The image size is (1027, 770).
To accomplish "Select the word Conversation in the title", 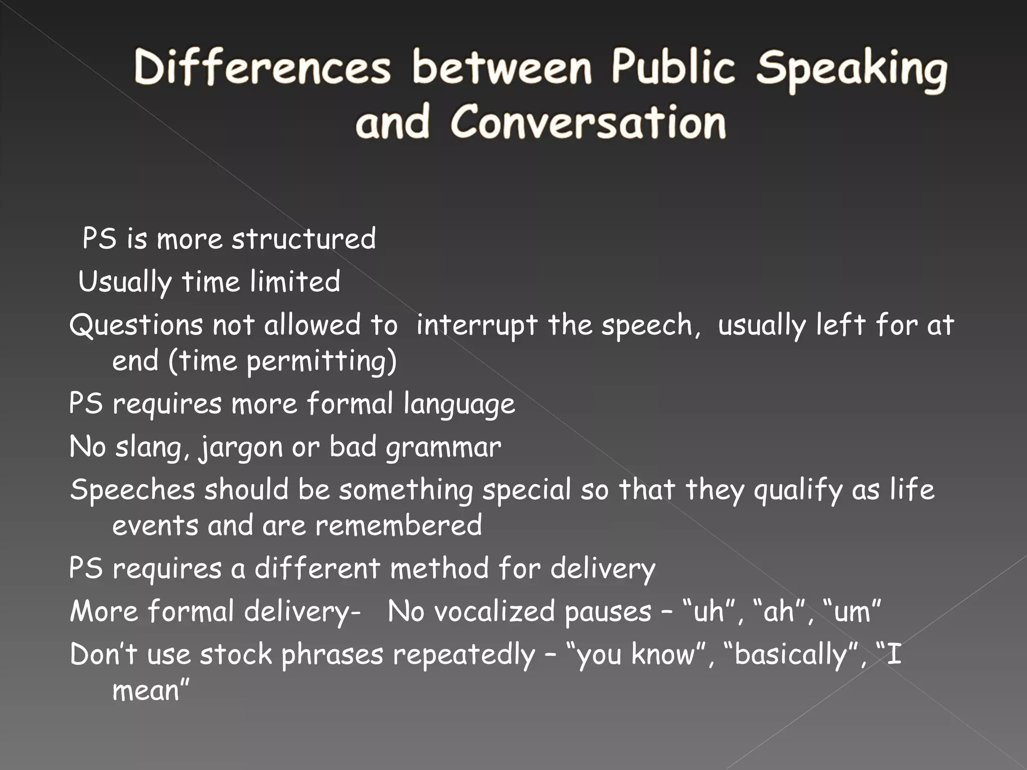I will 588,122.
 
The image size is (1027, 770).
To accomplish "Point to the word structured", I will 303,239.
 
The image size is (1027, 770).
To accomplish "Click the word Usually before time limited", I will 125,282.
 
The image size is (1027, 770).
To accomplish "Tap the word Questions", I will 135,325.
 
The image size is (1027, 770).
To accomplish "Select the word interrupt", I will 476,325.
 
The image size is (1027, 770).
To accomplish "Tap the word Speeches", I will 132,490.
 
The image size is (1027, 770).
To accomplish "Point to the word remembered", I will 399,526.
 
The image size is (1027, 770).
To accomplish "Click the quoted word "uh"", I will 709,612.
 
